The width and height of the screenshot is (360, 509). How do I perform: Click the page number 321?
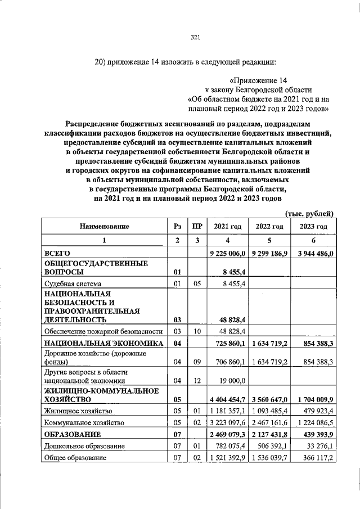click(196, 38)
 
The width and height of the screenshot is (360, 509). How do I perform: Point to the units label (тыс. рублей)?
click(310, 213)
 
